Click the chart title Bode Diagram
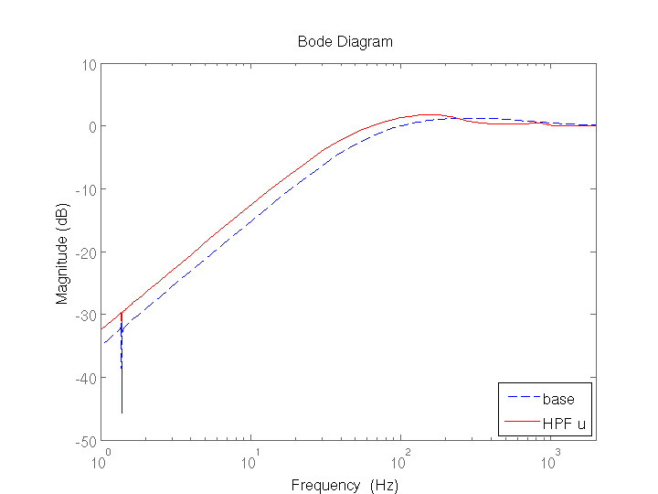(345, 42)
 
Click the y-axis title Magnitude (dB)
(62, 252)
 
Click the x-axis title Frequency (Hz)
(345, 485)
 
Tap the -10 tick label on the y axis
(88, 189)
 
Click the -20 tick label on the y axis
(88, 252)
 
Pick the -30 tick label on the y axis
(88, 315)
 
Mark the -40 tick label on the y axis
(88, 378)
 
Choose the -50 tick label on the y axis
(88, 441)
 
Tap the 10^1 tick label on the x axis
(252, 454)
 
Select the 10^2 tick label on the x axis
(400, 454)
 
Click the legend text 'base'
(558, 399)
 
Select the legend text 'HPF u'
(564, 423)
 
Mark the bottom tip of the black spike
(122, 413)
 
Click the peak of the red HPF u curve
(427, 115)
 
